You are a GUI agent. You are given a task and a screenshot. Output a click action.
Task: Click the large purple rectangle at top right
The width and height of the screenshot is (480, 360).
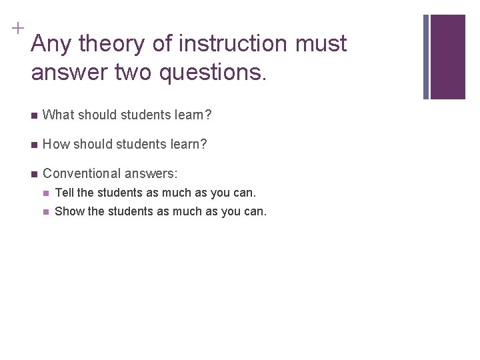pyautogui.click(x=447, y=57)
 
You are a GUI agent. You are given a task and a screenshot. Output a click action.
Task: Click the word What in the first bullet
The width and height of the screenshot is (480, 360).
pyautogui.click(x=59, y=115)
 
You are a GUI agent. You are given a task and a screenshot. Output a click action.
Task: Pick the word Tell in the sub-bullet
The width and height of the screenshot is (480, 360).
pyautogui.click(x=64, y=193)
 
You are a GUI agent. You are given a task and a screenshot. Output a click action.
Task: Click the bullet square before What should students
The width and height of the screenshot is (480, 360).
pyautogui.click(x=34, y=116)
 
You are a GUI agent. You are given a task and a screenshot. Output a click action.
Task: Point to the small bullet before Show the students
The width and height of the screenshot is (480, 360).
pyautogui.click(x=45, y=213)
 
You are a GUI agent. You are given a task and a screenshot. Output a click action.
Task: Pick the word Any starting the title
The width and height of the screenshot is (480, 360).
pyautogui.click(x=52, y=44)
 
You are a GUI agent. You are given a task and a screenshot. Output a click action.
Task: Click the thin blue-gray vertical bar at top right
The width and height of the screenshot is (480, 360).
pyautogui.click(x=426, y=57)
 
